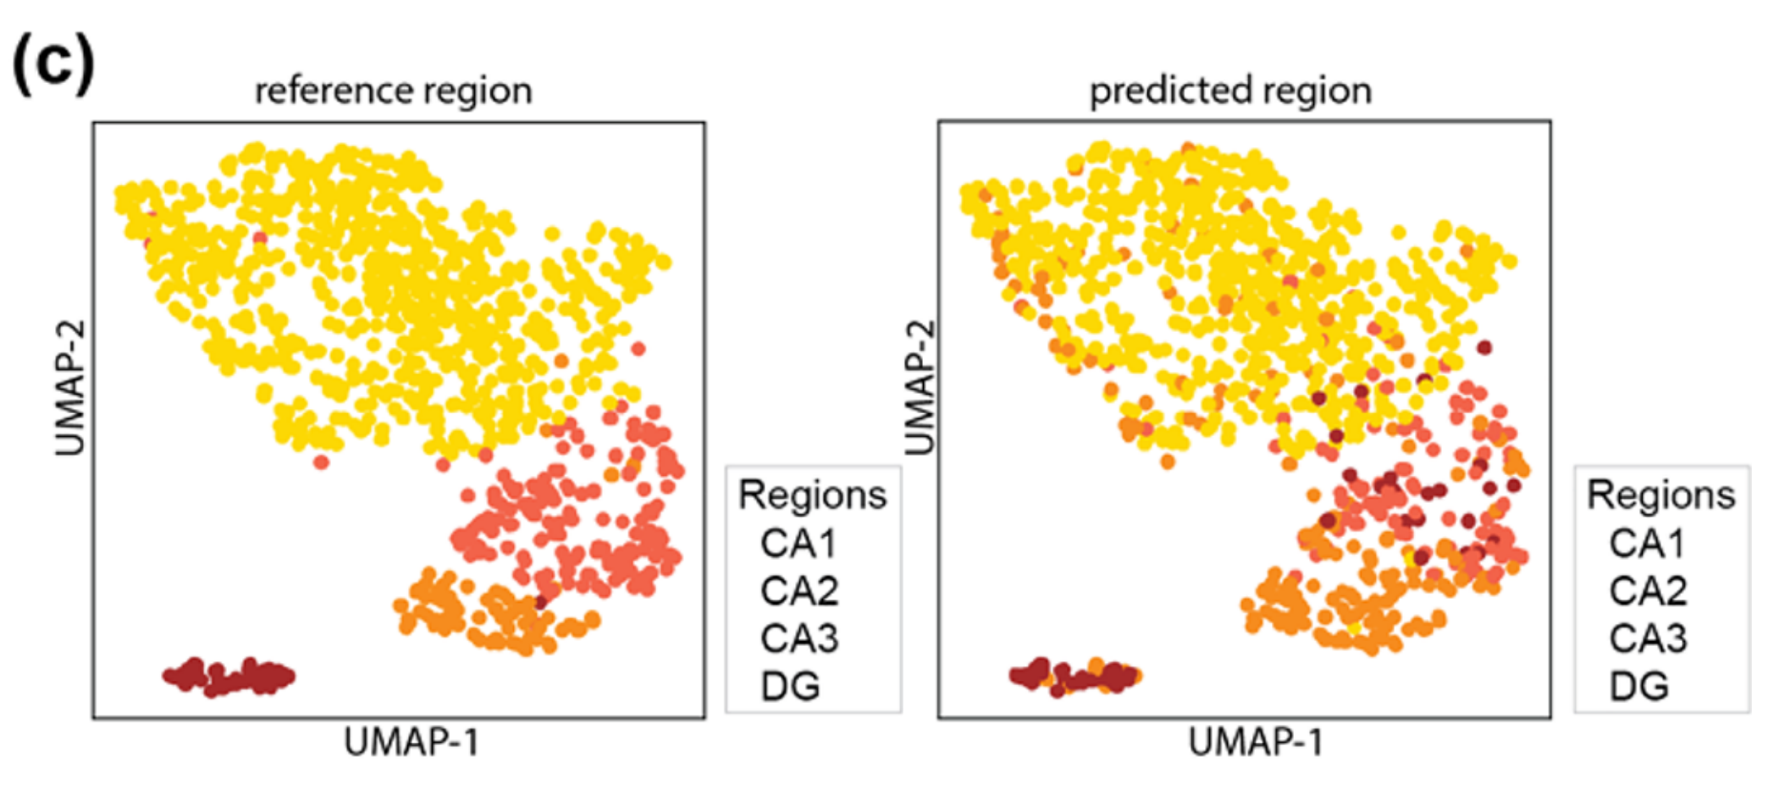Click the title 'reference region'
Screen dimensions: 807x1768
click(394, 91)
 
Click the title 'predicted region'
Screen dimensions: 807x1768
click(1230, 91)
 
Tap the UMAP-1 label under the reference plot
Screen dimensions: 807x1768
click(412, 743)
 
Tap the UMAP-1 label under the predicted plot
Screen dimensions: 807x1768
click(1256, 743)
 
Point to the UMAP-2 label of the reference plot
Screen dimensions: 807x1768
click(70, 387)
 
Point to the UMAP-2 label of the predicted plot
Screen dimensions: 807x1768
click(920, 387)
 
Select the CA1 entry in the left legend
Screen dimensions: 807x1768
click(798, 544)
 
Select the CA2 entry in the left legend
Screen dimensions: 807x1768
click(799, 591)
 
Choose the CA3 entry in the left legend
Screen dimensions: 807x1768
click(799, 638)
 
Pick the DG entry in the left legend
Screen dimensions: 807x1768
click(790, 686)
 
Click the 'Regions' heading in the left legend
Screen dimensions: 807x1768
click(812, 495)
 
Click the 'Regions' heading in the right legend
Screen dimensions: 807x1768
click(1660, 495)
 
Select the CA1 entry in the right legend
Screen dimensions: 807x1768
click(1647, 544)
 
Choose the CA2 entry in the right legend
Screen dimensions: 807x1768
click(1648, 591)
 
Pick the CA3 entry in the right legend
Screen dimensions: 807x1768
click(1648, 638)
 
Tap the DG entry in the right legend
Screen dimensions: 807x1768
click(1638, 686)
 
